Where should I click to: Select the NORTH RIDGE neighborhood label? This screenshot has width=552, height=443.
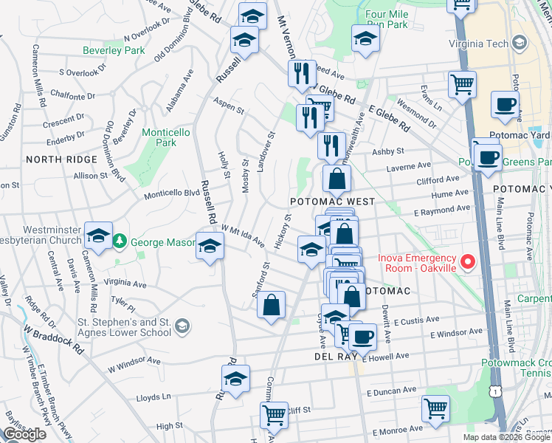point(61,159)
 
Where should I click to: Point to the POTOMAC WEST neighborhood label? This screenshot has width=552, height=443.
point(332,202)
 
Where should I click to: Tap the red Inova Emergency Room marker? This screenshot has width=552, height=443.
point(467,262)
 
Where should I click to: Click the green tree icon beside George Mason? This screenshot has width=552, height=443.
point(120,241)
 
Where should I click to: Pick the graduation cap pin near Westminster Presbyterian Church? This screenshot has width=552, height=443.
point(98,236)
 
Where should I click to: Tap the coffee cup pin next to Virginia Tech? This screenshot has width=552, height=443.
point(505,105)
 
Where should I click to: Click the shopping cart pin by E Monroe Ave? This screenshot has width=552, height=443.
point(435,407)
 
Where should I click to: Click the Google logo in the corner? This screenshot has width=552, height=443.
point(24,433)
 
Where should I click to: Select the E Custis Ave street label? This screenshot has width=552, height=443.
point(416,321)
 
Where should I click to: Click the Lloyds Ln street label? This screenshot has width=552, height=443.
point(153,398)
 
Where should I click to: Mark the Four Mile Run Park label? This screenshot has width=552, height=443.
point(386,19)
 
